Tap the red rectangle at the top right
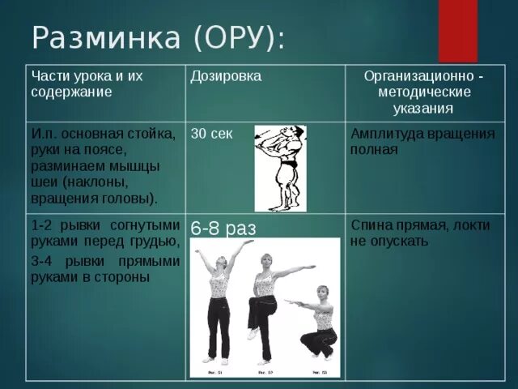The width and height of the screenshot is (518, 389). [458, 30]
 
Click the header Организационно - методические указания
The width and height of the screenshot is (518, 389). [426, 92]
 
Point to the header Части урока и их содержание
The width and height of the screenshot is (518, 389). [87, 83]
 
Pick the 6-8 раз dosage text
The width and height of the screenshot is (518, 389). [223, 229]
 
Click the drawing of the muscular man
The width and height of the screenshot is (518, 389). [280, 169]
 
